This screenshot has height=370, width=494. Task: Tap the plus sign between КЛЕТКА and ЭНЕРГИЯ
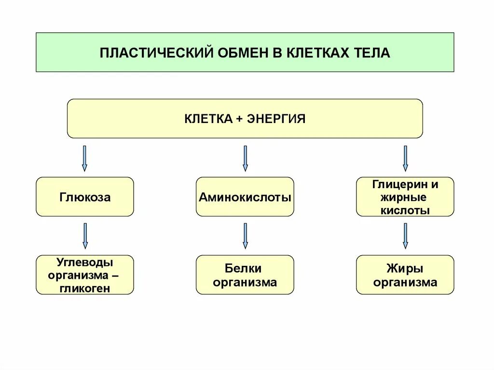point(240,119)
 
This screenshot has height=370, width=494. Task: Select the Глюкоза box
point(85,197)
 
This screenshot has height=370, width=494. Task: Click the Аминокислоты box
point(245,197)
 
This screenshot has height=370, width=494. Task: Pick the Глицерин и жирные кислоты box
point(405,197)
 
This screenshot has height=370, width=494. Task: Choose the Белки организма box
point(245,275)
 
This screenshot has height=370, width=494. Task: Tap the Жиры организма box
point(405,275)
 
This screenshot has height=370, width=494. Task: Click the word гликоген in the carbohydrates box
point(85,288)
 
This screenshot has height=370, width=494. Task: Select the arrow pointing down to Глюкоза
point(85,158)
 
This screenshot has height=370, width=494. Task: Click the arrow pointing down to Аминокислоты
point(245,158)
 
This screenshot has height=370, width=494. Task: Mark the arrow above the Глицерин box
point(405,158)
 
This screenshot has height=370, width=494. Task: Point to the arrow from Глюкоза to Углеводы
point(85,236)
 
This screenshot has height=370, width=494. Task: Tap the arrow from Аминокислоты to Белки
point(245,236)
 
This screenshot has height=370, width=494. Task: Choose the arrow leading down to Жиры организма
point(405,236)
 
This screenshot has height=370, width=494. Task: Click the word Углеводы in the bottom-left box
point(85,262)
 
